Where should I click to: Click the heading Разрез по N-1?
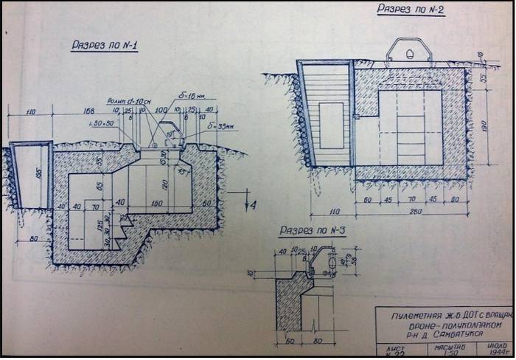coord(105,46)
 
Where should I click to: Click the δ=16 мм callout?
coord(192,97)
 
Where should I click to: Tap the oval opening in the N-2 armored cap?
coord(409,53)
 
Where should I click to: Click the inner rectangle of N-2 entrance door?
coord(331,125)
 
